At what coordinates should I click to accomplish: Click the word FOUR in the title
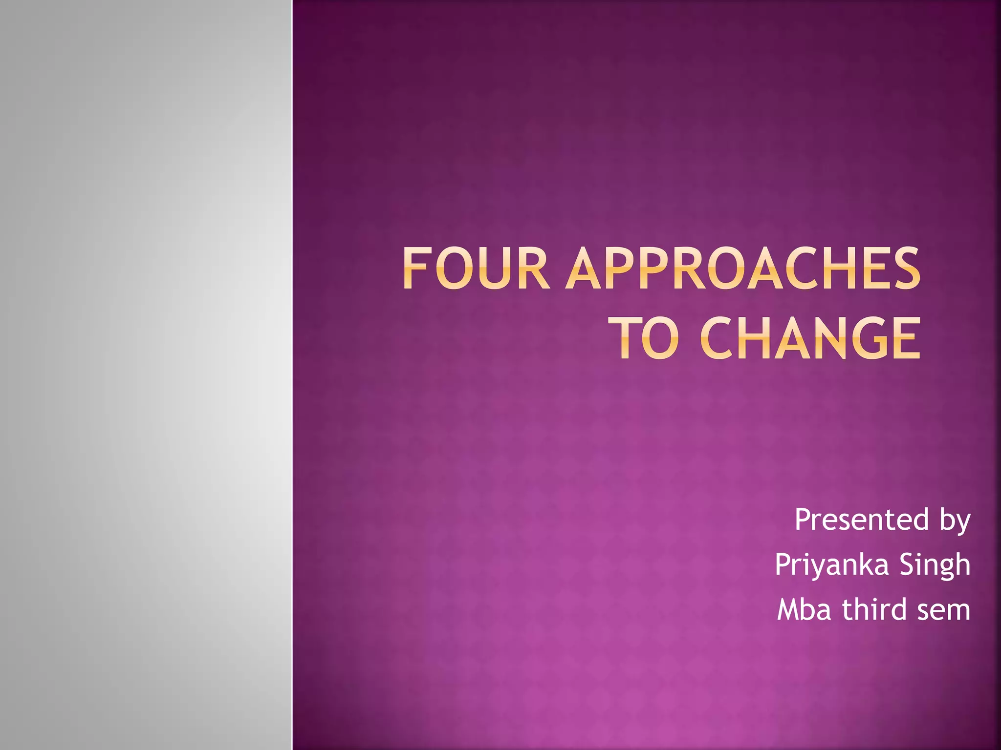coord(476,269)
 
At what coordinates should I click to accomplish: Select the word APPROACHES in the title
coord(743,269)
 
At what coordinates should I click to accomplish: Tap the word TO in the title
coord(647,338)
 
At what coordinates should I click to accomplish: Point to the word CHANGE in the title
coord(810,338)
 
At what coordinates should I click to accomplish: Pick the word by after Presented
coord(955,521)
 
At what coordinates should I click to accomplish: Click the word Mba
coord(804,610)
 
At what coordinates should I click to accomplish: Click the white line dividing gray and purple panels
coord(292,375)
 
